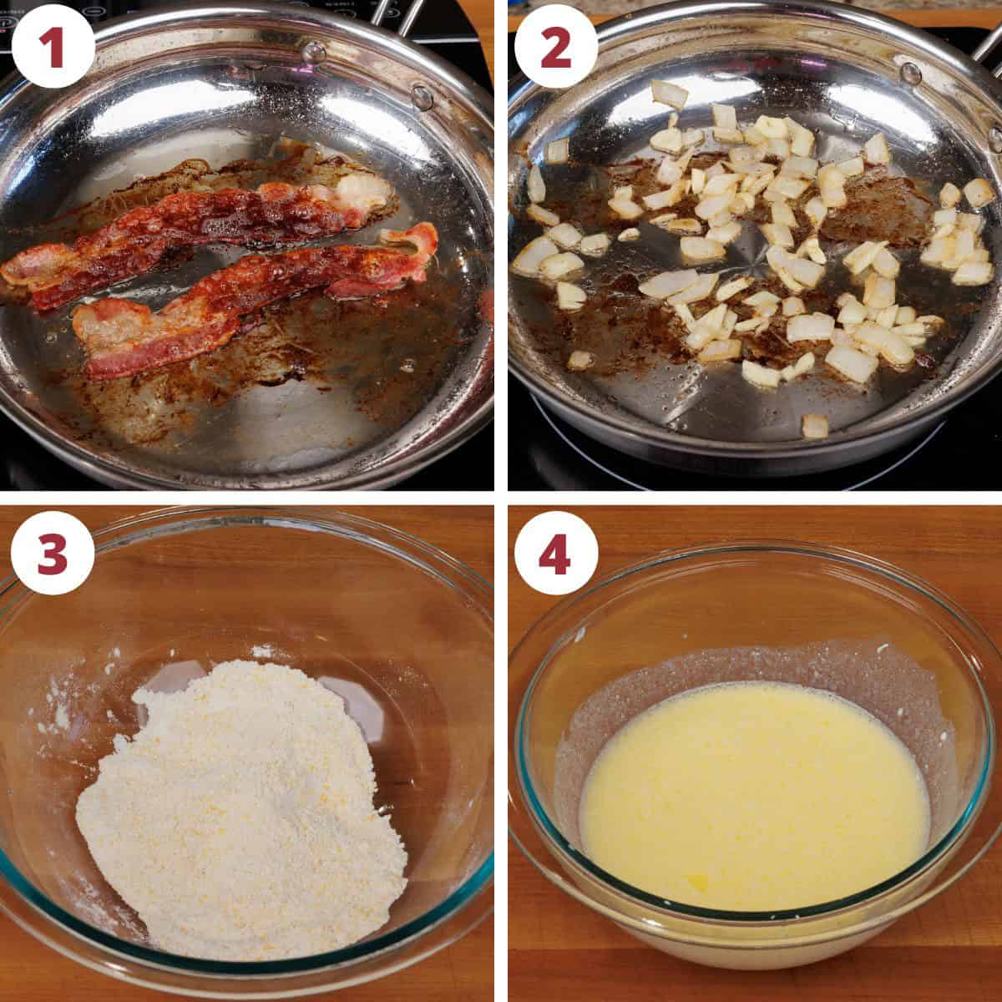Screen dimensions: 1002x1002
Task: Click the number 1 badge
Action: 53,48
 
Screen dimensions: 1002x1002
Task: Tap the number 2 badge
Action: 556,48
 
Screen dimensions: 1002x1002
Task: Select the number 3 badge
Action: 53,553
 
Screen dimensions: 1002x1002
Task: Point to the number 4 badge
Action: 556,553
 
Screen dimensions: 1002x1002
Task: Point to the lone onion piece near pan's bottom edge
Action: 814,427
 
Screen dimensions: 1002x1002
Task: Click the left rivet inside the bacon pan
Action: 314,52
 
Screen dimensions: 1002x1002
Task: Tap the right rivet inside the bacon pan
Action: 423,97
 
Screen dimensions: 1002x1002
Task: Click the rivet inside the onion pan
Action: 910,73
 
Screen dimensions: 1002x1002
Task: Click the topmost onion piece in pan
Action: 670,94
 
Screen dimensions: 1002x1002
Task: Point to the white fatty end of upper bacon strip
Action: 364,190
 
